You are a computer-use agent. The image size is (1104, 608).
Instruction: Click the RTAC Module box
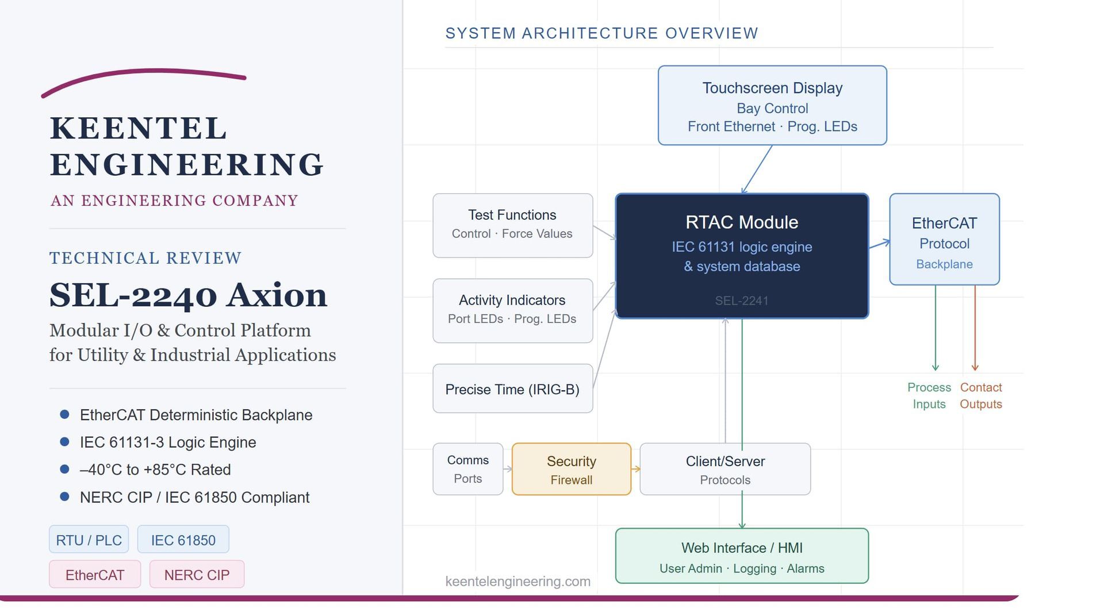point(742,256)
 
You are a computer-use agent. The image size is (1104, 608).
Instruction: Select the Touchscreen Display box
point(772,105)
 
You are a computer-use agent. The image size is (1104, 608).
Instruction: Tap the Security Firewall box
point(572,469)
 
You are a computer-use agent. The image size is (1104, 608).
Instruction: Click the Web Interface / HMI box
point(742,556)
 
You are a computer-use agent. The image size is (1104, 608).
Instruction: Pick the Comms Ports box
point(468,469)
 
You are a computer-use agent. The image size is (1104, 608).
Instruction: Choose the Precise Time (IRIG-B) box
point(513,388)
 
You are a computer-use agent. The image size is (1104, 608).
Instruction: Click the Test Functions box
point(513,225)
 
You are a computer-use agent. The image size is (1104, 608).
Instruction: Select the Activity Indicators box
point(513,311)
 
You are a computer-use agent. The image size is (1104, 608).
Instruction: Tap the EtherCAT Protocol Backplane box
point(945,239)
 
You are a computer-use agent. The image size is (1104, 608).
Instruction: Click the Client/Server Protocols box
point(725,469)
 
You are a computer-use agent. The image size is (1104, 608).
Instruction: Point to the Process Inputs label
point(929,395)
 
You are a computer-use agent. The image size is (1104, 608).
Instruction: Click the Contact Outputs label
point(981,395)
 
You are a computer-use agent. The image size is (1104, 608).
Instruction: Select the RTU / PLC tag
point(89,540)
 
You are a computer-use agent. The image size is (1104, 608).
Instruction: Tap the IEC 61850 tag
point(183,540)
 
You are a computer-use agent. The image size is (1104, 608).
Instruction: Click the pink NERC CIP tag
point(197,574)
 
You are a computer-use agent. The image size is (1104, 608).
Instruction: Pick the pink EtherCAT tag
point(95,574)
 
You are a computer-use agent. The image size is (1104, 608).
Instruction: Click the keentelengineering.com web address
point(518,581)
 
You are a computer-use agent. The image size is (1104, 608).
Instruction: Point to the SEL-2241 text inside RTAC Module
point(742,301)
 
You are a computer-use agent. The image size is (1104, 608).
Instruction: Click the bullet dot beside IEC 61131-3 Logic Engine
point(64,441)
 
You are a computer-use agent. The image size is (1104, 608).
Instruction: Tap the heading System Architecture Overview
point(602,33)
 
